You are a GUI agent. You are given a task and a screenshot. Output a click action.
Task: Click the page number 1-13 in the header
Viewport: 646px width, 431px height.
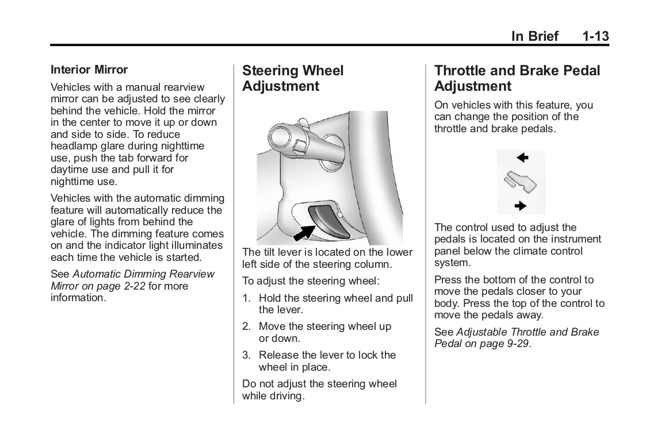point(595,37)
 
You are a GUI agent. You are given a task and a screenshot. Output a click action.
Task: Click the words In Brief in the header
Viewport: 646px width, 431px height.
point(535,37)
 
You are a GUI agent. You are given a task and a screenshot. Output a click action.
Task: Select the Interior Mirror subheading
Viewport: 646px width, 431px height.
point(89,70)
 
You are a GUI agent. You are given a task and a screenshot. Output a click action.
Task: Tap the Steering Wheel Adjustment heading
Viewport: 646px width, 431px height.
point(293,79)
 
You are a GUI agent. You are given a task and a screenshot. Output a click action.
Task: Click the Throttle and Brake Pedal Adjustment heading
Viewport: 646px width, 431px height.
point(517,79)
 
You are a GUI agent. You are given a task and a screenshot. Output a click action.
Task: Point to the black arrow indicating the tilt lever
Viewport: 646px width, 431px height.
point(304,233)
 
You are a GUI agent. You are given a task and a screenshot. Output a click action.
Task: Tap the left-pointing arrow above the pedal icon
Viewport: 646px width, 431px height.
point(522,157)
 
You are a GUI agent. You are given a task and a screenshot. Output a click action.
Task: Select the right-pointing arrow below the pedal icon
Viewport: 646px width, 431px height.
point(521,205)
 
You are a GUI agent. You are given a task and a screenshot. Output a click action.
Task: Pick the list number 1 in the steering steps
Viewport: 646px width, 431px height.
point(246,299)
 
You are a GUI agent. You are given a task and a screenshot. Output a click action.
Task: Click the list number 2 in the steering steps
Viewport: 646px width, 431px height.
point(246,327)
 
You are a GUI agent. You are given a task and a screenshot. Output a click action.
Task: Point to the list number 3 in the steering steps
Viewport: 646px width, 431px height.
point(246,355)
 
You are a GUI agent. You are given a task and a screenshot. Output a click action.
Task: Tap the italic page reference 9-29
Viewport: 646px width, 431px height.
point(515,344)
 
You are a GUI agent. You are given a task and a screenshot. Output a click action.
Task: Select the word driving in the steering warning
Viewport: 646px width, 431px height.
point(285,397)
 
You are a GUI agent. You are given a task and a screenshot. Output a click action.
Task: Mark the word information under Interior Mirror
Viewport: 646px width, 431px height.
point(78,299)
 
